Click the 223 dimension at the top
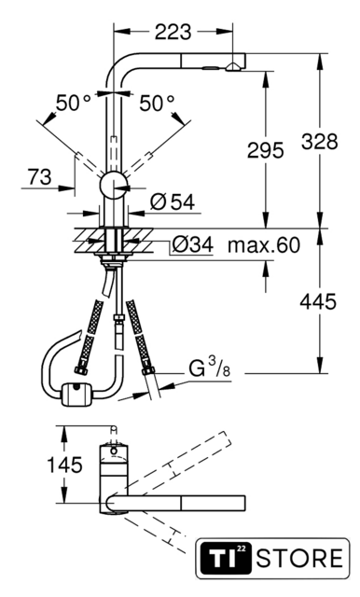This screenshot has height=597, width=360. (x=173, y=32)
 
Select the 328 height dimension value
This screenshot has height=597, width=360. (x=319, y=141)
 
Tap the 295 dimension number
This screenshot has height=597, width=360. (x=265, y=149)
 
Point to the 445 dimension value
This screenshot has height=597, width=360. (x=318, y=302)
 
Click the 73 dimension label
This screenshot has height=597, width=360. (x=39, y=177)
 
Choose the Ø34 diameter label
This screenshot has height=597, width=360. (x=192, y=244)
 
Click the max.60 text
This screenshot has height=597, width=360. (x=264, y=244)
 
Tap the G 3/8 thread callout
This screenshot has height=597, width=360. (x=210, y=368)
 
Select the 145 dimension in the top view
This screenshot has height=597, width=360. (x=64, y=465)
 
